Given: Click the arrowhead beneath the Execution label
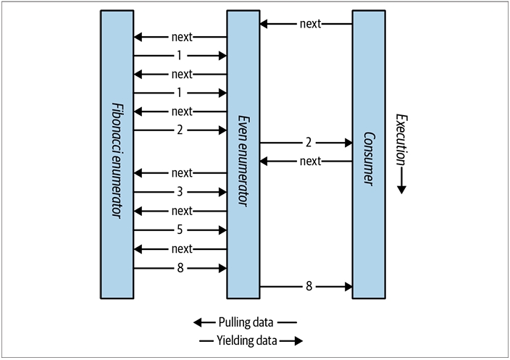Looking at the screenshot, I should (402, 189).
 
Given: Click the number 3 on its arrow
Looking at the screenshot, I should (180, 192).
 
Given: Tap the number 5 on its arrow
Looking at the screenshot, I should (180, 230).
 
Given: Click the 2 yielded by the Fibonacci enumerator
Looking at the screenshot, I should (180, 130).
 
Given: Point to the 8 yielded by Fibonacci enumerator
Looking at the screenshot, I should (180, 268).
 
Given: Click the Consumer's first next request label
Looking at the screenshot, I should (309, 23).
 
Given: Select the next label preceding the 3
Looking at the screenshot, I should (182, 173).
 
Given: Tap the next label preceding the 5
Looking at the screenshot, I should (182, 211).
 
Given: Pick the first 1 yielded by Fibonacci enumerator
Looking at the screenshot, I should (180, 55).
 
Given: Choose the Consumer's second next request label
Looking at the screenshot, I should (309, 161).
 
